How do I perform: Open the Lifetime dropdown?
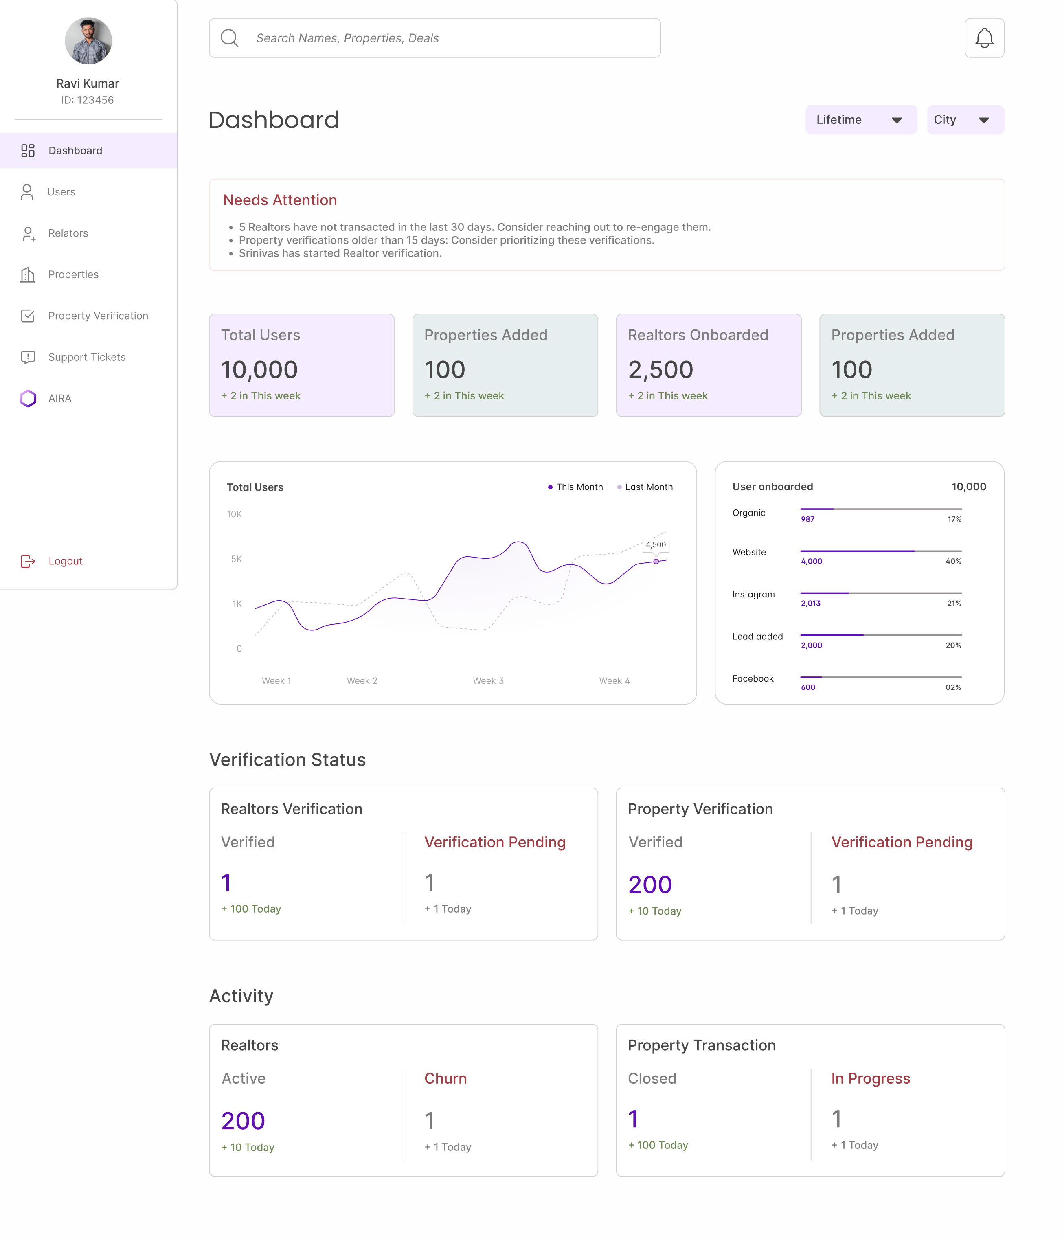tap(861, 119)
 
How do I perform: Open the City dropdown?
tap(965, 119)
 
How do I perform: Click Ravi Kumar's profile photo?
tap(88, 41)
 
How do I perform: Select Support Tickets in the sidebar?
tap(87, 357)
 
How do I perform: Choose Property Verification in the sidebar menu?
tap(99, 316)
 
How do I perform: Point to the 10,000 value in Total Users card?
tap(259, 370)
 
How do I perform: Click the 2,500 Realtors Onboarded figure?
tap(660, 370)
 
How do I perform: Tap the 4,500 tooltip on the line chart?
tap(656, 545)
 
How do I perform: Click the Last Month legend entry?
tap(645, 487)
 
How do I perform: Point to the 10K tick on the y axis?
tap(234, 514)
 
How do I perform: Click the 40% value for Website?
tap(953, 561)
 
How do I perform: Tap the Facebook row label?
tap(753, 679)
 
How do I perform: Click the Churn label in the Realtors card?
tap(445, 1078)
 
